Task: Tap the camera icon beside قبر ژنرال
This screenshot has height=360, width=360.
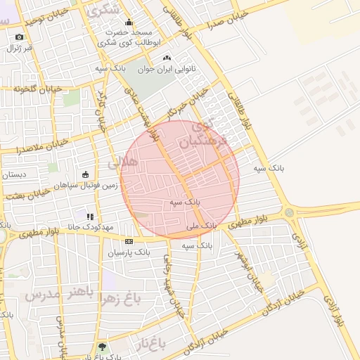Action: coord(19,37)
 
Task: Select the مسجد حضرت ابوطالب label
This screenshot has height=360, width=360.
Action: coord(129,38)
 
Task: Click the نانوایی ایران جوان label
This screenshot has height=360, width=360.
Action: coord(167,69)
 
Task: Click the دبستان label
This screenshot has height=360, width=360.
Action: coord(13,174)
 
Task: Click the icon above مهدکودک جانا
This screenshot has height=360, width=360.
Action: coord(89,217)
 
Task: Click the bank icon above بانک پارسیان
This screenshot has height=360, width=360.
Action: coord(129,241)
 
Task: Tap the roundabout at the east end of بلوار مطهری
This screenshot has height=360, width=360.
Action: coord(289,212)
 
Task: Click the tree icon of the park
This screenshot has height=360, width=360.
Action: coord(103,347)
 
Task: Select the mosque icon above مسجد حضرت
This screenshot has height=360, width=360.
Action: coord(129,23)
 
